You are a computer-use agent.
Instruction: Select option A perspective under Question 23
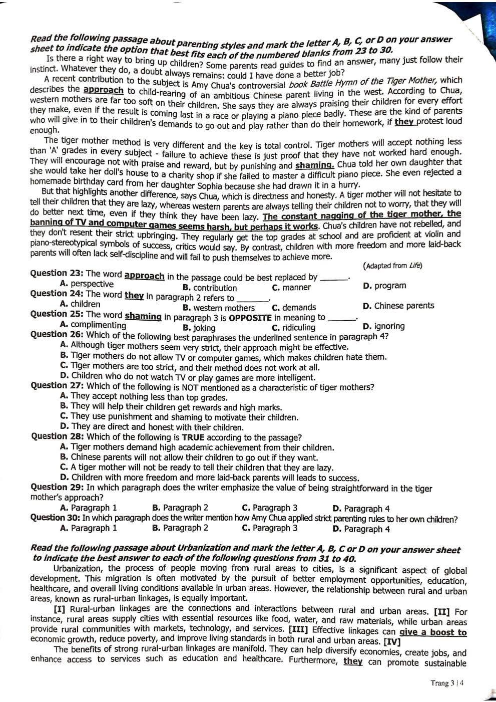pyautogui.click(x=87, y=284)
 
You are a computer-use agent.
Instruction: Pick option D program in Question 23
pyautogui.click(x=384, y=286)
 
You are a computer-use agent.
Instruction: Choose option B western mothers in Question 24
pyautogui.click(x=219, y=308)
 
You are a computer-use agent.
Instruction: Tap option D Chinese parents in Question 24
pyautogui.click(x=398, y=306)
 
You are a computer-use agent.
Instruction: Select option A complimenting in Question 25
pyautogui.click(x=92, y=325)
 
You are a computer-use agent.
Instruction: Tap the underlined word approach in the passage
pyautogui.click(x=103, y=90)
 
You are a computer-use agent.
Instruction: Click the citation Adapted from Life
pyautogui.click(x=393, y=266)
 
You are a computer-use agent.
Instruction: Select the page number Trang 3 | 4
pyautogui.click(x=447, y=683)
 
